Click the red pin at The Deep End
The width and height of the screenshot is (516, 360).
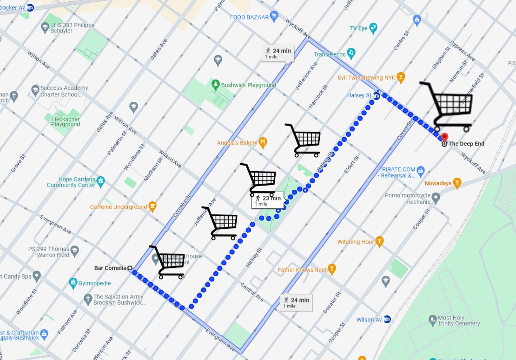coord(444,138)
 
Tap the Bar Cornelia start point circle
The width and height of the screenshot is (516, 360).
coord(130,268)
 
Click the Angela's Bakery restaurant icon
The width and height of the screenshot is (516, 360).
coord(263,142)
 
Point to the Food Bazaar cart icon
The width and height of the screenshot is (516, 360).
coord(274,17)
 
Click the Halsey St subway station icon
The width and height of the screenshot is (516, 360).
coord(377,96)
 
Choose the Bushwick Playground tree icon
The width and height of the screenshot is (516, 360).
coord(215,85)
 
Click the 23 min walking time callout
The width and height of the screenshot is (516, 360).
coord(268,200)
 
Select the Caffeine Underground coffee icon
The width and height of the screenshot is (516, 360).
coord(152,207)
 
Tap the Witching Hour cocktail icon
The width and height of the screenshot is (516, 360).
coord(380,241)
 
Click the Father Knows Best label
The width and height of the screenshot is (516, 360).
coord(302,270)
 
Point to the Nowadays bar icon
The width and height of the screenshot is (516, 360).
coord(457,183)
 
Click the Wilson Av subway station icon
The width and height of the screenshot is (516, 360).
coord(387,320)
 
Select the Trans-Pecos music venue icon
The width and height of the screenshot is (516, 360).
coord(352,52)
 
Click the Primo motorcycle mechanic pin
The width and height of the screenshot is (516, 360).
coord(436,199)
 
